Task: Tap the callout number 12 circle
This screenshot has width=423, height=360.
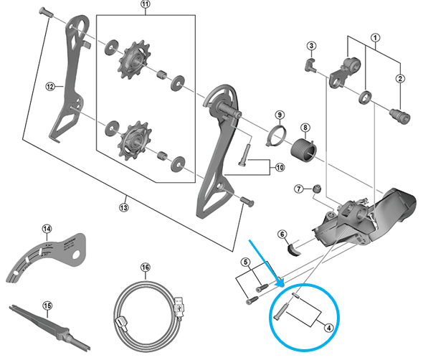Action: tap(50, 87)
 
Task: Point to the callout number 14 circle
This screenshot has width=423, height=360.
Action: tap(47, 229)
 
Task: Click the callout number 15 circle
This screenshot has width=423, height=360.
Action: tap(47, 307)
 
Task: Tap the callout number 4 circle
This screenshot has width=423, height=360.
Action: tap(328, 329)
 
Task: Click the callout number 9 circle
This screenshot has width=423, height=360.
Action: tap(280, 115)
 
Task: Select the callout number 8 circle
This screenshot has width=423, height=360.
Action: tap(305, 129)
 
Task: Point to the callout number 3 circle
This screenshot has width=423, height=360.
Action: tap(311, 47)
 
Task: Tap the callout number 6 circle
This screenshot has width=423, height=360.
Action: tap(282, 234)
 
